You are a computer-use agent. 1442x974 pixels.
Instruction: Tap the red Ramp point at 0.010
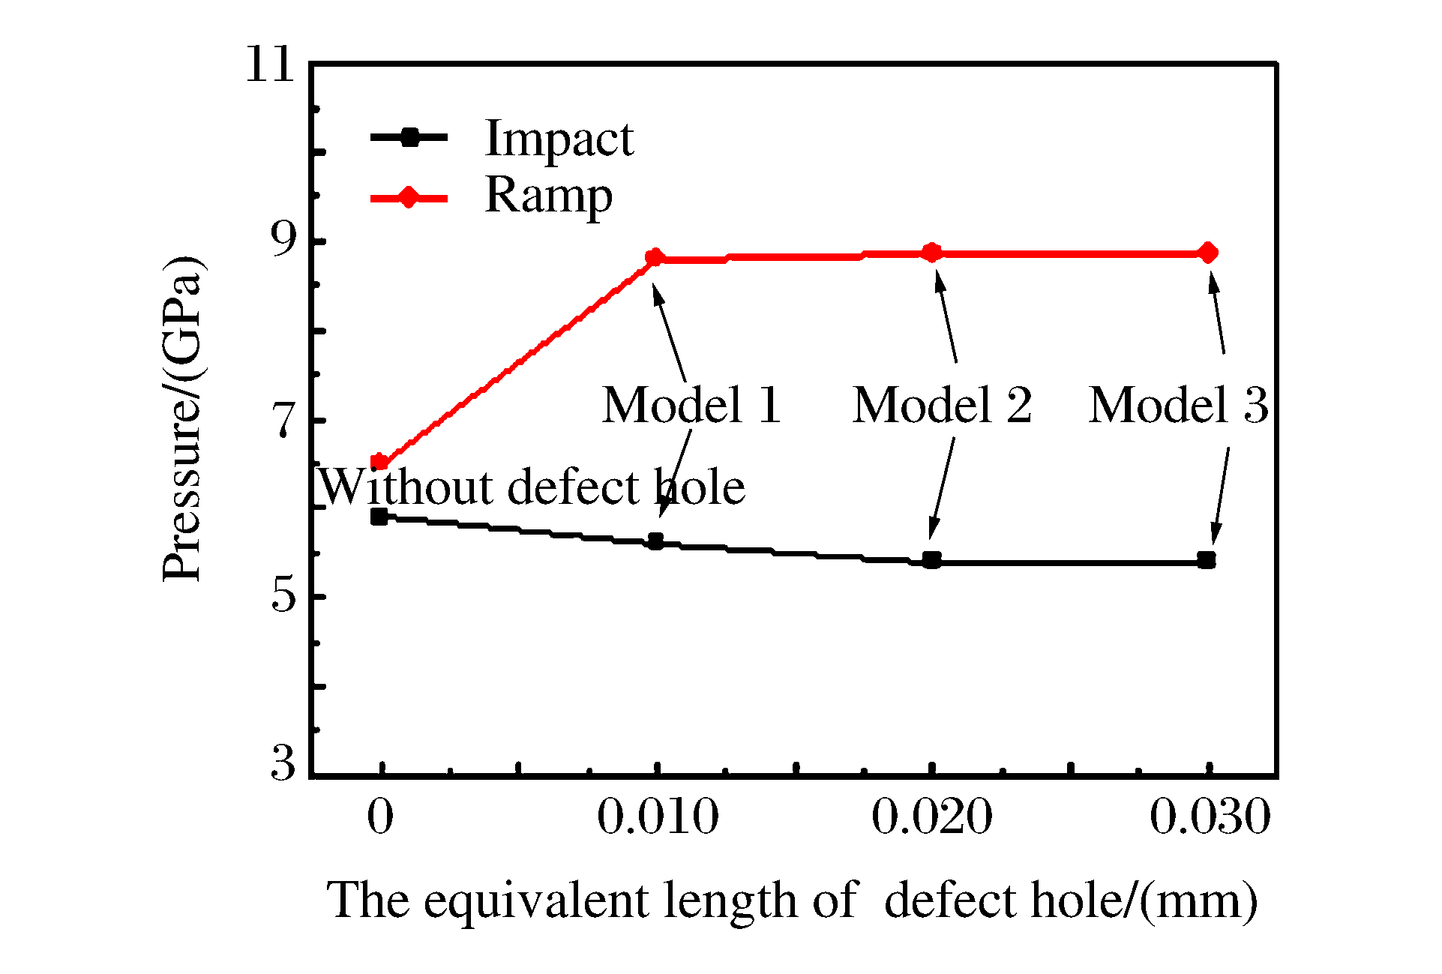coord(655,258)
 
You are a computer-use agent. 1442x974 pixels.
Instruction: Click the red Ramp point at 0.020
coord(931,253)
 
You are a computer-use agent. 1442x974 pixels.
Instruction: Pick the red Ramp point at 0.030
coord(1207,253)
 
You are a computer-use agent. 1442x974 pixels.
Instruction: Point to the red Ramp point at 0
coord(379,463)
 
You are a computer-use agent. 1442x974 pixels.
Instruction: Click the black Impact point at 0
coord(379,516)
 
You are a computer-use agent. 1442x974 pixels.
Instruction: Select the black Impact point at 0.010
coord(655,541)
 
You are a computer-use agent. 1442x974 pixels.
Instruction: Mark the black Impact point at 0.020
coord(931,560)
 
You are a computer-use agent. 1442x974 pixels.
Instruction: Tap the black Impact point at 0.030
coord(1207,560)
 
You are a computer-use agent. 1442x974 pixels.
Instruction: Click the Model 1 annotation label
coord(691,406)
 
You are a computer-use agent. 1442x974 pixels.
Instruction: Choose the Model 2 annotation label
coord(942,406)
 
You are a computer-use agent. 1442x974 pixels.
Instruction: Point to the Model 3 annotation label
coord(1178,406)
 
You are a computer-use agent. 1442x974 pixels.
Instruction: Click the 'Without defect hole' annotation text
coord(532,487)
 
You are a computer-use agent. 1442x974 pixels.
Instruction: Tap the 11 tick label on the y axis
coord(270,64)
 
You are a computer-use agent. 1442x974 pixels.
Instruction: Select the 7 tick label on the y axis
coord(284,421)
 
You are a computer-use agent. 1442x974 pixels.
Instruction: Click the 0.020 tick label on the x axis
coord(932,817)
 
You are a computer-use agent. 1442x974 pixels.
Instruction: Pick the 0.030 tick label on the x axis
coord(1210,817)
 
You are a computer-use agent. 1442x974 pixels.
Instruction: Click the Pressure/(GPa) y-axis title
coord(182,418)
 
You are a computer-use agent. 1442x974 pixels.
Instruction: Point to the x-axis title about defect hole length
coord(792,900)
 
